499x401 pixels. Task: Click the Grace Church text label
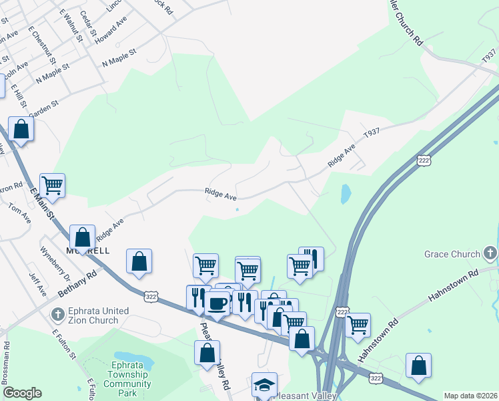click(x=452, y=254)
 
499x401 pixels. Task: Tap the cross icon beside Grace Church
click(x=490, y=253)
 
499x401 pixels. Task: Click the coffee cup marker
click(x=217, y=303)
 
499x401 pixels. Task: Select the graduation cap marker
click(x=264, y=385)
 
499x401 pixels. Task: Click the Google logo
click(x=22, y=393)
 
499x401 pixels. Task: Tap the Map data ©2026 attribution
click(x=470, y=396)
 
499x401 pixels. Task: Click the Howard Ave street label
click(x=111, y=31)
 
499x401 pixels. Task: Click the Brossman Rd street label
click(x=7, y=364)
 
